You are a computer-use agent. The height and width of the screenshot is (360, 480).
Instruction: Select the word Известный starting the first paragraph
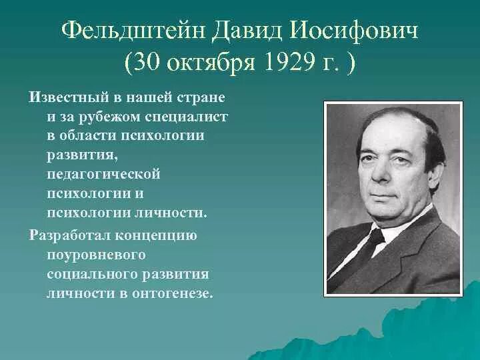[64, 97]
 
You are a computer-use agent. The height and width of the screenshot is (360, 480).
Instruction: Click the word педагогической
[104, 175]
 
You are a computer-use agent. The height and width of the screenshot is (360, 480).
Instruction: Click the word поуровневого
[96, 255]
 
